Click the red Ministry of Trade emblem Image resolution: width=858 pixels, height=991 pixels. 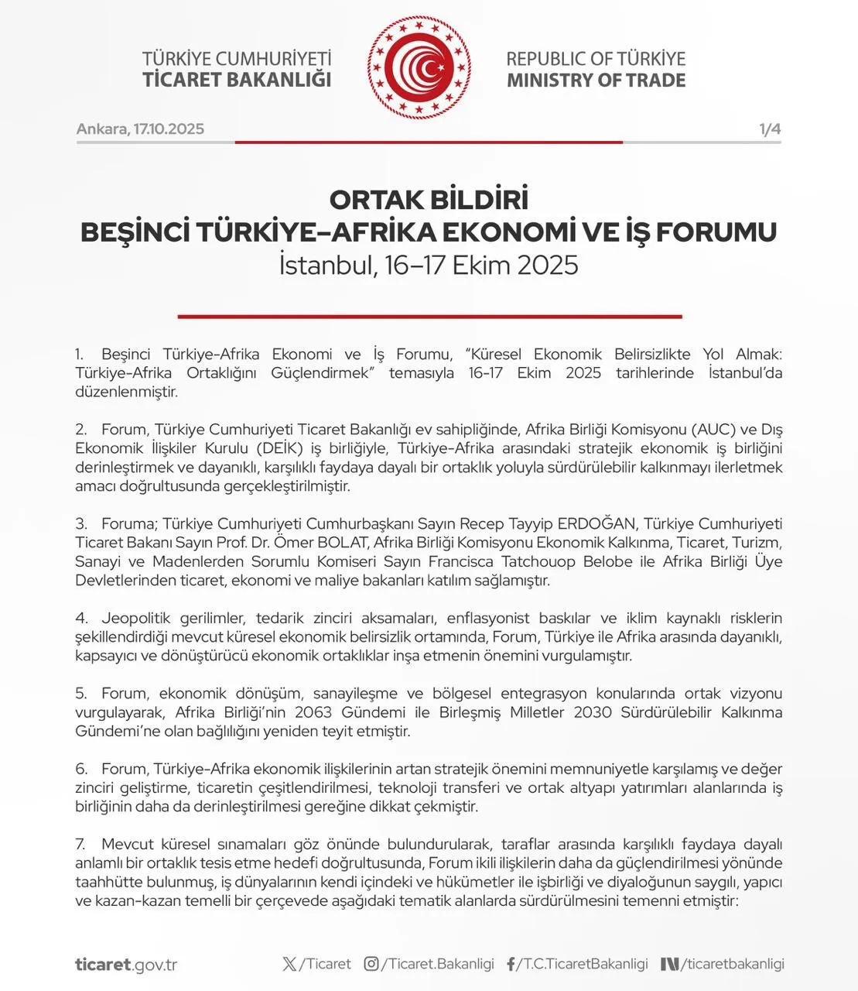click(419, 68)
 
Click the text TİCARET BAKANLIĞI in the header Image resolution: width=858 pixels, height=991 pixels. click(237, 80)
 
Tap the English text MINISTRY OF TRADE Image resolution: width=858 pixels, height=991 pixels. click(596, 81)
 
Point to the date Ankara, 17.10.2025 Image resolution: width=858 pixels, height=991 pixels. click(140, 129)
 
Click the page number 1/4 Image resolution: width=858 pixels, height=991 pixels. click(770, 129)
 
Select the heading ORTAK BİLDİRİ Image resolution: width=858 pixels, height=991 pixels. click(429, 200)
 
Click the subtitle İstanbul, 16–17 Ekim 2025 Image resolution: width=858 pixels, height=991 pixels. click(429, 266)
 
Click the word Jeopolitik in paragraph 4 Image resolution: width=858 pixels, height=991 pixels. click(135, 618)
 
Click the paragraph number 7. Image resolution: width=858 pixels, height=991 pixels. click(80, 844)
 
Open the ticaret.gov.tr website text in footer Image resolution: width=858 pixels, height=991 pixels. click(126, 965)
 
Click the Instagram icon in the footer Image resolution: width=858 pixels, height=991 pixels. click(371, 964)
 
